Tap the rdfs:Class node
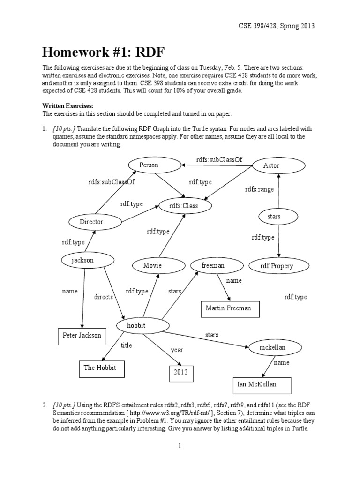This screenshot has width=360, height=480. pos(186,205)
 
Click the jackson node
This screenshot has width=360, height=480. pos(88,260)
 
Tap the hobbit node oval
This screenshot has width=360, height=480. pos(142,325)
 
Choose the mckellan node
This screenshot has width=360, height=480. pos(272,347)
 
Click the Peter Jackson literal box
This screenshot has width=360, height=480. pos(82,336)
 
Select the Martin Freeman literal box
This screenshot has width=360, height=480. pos(228,308)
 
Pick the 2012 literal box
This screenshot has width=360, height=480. pos(181,373)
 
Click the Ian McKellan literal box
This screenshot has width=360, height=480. pos(262,384)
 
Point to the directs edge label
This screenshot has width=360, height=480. pos(104,297)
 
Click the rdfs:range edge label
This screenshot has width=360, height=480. pos(259,189)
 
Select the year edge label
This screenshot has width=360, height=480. pos(176,350)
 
